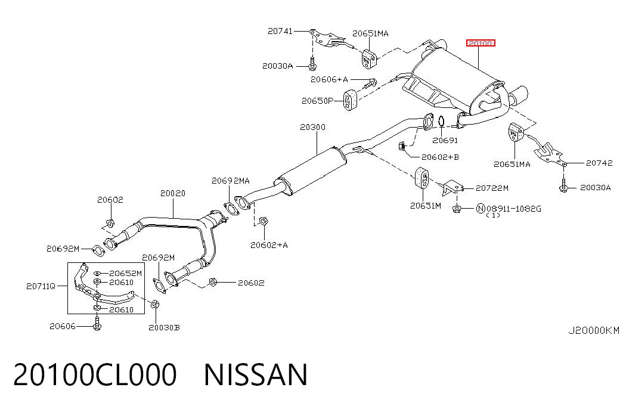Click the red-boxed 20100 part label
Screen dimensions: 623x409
481,43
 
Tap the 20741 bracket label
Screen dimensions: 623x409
280,30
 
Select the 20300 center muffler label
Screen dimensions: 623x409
312,127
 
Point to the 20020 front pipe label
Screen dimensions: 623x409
173,193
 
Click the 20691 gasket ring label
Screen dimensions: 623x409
445,140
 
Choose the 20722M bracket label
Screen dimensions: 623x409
492,188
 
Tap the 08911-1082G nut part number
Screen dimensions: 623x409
514,209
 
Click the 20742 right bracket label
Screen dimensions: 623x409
599,163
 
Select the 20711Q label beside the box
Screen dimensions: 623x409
41,286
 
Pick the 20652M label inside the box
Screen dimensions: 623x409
126,274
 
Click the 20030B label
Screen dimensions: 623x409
164,327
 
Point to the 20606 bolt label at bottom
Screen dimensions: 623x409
63,326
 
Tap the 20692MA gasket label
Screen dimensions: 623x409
231,181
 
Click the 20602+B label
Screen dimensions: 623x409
440,157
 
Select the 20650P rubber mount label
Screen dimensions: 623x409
317,101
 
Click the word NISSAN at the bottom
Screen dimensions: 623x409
256,374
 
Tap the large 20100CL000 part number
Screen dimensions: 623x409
95,374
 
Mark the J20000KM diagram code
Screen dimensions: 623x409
594,330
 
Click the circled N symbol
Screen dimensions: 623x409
481,208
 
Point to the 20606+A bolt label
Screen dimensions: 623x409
329,79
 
